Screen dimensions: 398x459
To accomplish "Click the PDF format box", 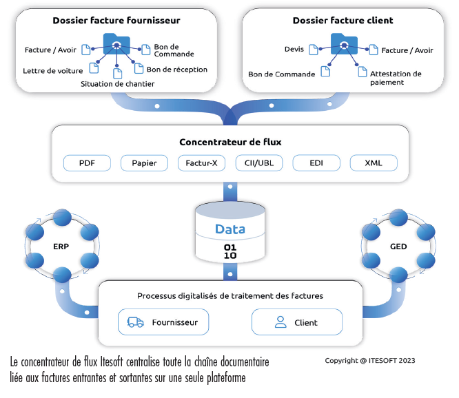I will coord(87,163).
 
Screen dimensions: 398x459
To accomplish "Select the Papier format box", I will coord(144,163).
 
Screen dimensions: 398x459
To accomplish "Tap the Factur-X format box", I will coord(201,163).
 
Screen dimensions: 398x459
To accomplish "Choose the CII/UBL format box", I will coord(259,163).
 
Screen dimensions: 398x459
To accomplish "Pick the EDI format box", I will coord(316,163).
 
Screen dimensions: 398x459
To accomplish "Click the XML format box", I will coord(374,163).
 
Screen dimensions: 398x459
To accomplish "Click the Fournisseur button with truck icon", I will coord(163,322).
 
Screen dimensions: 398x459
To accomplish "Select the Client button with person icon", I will coord(296,322).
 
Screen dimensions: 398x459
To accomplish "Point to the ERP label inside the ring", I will coord(61,247).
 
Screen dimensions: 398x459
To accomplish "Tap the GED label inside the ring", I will coord(398,247).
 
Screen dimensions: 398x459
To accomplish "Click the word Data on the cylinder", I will coord(229,229).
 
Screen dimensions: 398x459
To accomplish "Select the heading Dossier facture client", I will coord(343,21).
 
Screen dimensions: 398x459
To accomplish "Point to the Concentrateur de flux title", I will coord(230,143).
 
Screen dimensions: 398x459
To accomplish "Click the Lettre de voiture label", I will coord(53,70).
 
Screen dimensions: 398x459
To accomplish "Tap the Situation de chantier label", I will coord(117,84).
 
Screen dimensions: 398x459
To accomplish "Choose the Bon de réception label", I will coord(176,70).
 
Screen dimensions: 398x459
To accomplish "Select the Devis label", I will coord(294,50).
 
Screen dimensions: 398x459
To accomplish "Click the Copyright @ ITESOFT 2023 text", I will coord(370,360).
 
